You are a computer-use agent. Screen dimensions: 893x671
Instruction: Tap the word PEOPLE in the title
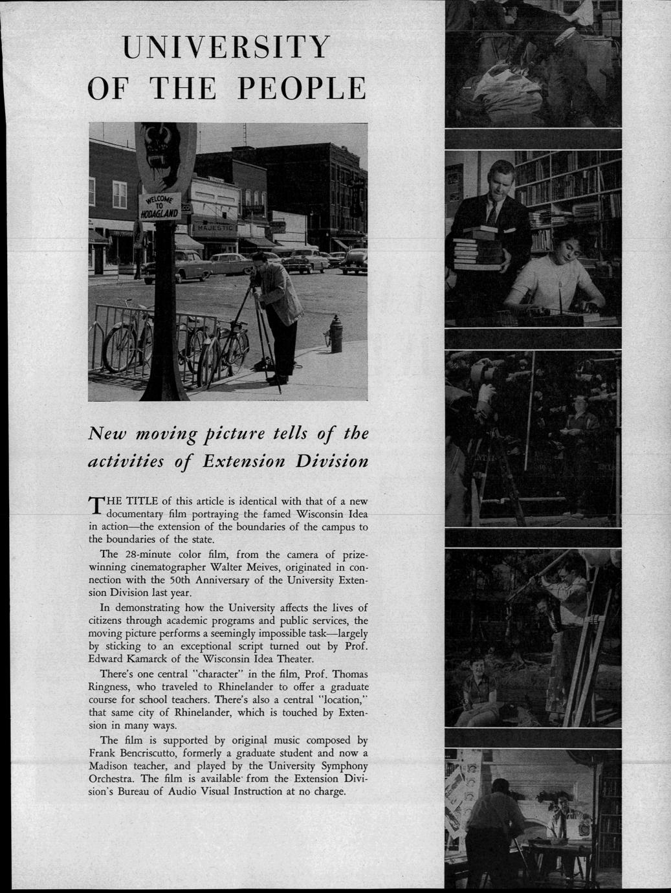click(300, 88)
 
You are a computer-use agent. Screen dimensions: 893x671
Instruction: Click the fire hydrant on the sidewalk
click(335, 333)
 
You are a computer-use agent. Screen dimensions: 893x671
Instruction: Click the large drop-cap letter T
click(96, 506)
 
